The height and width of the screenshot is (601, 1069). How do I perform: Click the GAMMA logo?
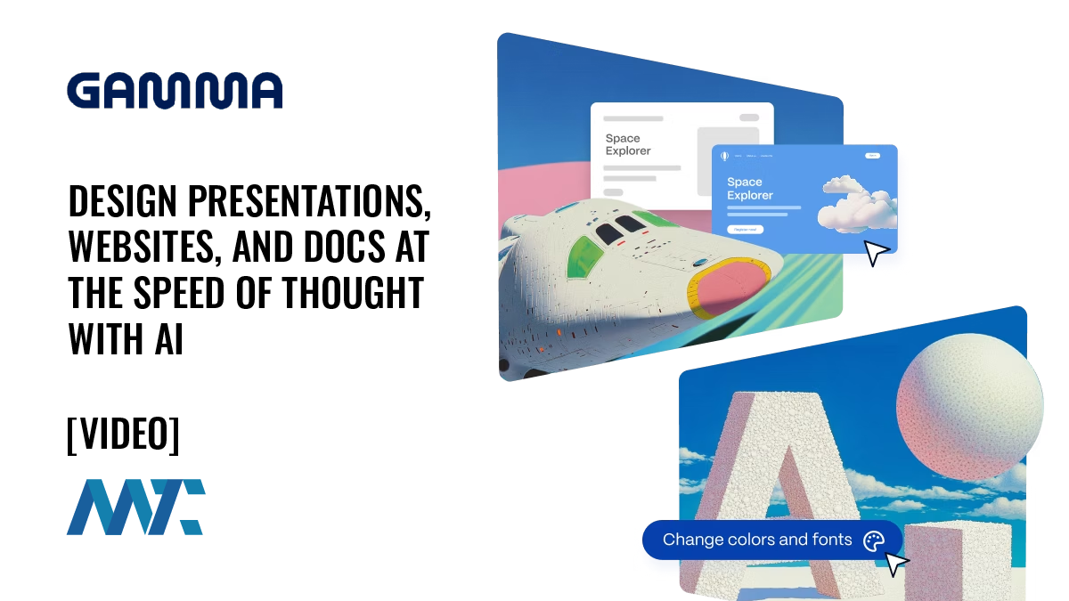[x=175, y=91]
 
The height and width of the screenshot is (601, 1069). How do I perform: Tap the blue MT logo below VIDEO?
[x=135, y=507]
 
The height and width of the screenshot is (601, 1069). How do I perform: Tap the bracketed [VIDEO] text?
[x=123, y=434]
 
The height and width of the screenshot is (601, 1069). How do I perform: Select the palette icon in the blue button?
[x=874, y=540]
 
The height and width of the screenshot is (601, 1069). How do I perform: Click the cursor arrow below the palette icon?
[x=896, y=564]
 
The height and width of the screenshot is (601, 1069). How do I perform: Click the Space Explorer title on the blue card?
[x=750, y=189]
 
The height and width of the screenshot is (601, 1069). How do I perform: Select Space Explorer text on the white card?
[x=628, y=144]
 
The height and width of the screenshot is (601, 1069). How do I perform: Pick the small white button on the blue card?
[x=745, y=230]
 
